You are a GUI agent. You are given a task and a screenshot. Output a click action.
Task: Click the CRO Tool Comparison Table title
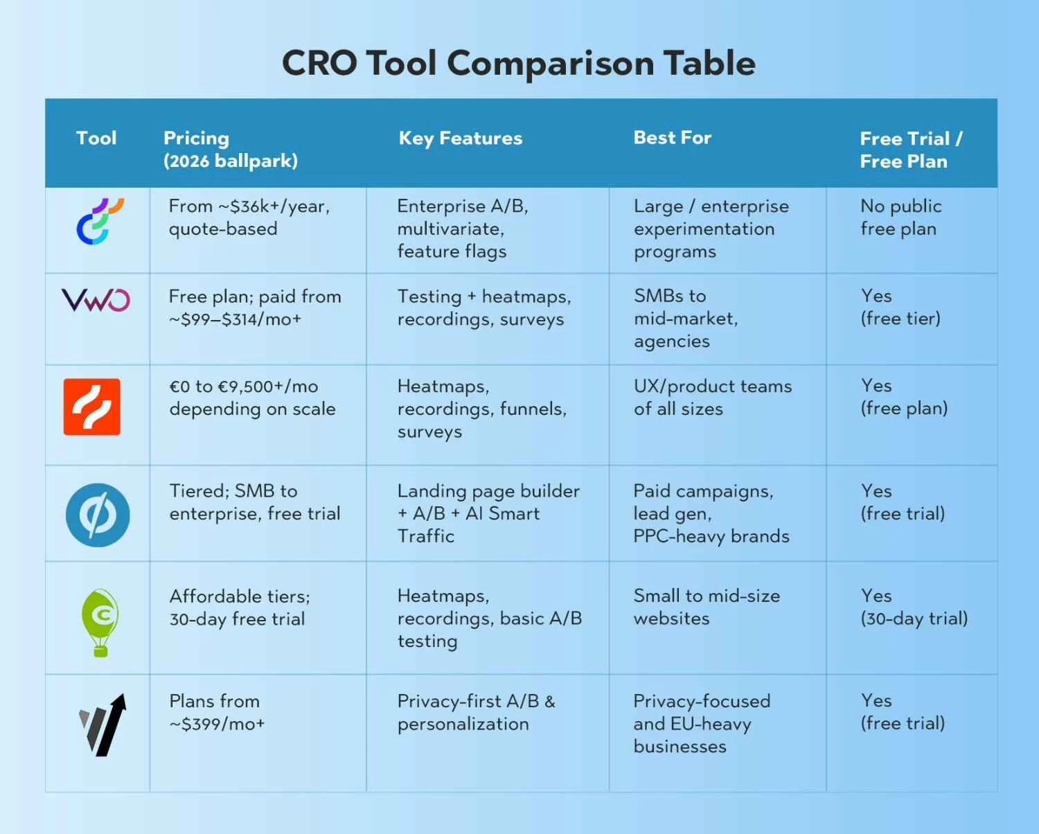519,64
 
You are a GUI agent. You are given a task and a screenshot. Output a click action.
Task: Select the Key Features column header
461,139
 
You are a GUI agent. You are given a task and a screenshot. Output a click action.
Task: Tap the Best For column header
672,138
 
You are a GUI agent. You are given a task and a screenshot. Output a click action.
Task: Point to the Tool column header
96,138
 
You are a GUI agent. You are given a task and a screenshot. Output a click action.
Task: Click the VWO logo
96,300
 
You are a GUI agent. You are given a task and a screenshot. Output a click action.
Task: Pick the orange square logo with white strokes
91,407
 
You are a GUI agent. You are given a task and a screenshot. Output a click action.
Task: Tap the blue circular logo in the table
98,515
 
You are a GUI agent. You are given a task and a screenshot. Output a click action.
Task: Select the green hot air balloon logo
100,623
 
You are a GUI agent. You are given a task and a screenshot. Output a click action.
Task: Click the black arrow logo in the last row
103,725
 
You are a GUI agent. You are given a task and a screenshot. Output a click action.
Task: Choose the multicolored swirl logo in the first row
100,221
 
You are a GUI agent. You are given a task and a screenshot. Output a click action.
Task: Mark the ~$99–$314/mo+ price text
235,319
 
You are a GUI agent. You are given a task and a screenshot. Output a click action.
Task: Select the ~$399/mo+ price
217,724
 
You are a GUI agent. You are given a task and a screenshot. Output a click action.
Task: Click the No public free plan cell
901,218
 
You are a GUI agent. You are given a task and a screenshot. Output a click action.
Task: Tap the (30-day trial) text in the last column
914,619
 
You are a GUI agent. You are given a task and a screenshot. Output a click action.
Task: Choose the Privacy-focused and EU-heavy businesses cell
702,724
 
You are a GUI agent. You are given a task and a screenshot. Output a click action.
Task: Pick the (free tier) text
900,319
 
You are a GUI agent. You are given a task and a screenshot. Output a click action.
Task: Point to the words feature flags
452,251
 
